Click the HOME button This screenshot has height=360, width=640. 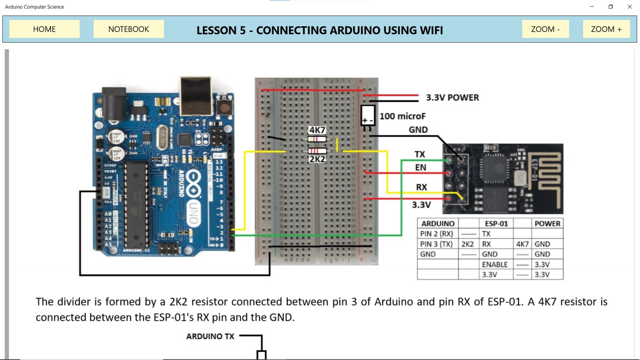click(45, 29)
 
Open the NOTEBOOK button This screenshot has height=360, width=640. click(128, 29)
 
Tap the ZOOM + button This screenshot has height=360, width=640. click(606, 29)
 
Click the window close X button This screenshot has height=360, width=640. click(630, 7)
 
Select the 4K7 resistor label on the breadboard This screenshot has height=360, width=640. click(317, 130)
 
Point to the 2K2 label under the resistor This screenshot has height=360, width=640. click(317, 159)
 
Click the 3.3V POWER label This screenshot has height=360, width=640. click(452, 97)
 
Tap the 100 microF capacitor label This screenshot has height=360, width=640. click(402, 116)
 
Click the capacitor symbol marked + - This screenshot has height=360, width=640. click(368, 115)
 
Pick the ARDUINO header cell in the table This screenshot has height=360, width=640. click(438, 224)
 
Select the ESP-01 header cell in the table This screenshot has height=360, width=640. click(496, 224)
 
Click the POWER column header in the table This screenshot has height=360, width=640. click(547, 224)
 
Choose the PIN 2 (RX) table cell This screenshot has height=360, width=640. click(436, 233)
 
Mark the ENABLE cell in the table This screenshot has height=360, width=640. click(495, 264)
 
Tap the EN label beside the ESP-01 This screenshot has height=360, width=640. click(421, 167)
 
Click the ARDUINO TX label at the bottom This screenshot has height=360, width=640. click(210, 336)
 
